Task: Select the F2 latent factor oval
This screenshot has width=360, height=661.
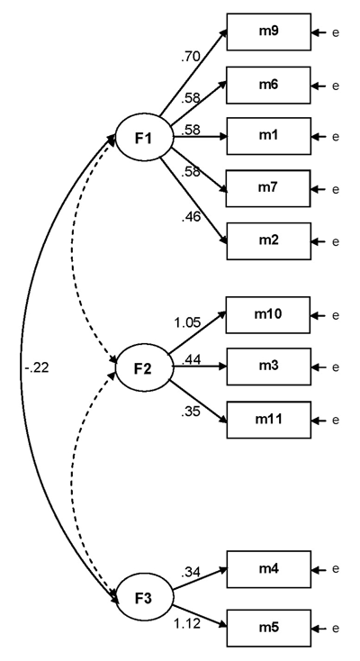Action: tap(143, 368)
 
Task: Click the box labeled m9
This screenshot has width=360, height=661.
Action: tap(268, 32)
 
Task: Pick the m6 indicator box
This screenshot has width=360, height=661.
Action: tap(268, 85)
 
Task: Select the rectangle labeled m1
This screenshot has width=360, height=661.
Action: tap(268, 137)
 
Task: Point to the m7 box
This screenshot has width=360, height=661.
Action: tap(268, 189)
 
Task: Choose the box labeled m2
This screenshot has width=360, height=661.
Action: tap(268, 241)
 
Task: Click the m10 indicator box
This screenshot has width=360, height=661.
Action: tap(268, 315)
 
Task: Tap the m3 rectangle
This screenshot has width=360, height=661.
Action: tap(268, 367)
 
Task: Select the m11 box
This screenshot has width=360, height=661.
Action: tap(268, 420)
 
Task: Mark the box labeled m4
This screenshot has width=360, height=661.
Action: tap(268, 569)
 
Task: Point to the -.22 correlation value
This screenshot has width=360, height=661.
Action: tap(38, 367)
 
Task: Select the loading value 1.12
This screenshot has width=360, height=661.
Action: tap(187, 622)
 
